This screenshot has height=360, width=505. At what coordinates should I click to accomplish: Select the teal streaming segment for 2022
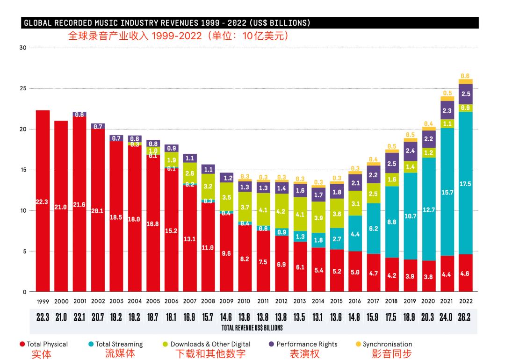(x=465, y=154)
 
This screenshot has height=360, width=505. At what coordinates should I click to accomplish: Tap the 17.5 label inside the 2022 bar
(x=465, y=184)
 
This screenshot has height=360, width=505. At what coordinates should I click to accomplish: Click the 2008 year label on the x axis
(x=208, y=301)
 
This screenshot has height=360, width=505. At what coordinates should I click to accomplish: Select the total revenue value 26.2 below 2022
(x=465, y=317)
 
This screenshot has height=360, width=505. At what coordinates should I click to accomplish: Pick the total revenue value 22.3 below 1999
(x=43, y=317)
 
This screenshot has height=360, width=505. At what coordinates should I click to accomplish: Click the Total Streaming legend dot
(x=91, y=344)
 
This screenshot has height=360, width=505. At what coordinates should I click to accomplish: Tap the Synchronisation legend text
(x=387, y=344)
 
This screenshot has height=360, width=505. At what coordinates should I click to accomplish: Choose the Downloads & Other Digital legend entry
(x=210, y=344)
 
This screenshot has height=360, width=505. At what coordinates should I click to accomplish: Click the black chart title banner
(x=251, y=23)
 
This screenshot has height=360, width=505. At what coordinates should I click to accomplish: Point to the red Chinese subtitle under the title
(x=178, y=36)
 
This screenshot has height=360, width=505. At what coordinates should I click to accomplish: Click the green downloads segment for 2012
(x=281, y=211)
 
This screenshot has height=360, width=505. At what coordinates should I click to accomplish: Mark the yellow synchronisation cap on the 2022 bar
(x=465, y=81)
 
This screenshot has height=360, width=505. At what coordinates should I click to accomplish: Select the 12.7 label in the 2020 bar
(x=429, y=210)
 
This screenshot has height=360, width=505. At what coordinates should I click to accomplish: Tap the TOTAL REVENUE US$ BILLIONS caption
(x=252, y=328)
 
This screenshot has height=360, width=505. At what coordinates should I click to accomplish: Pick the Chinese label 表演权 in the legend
(x=304, y=354)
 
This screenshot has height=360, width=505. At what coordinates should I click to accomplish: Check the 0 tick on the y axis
(x=23, y=292)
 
